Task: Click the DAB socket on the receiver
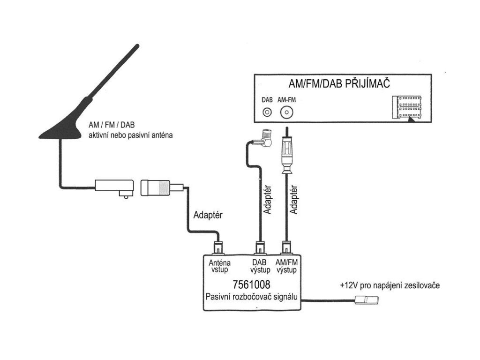pyautogui.click(x=267, y=112)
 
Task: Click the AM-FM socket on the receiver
pyautogui.click(x=286, y=112)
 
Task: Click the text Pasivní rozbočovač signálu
pyautogui.click(x=252, y=297)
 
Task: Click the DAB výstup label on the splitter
pyautogui.click(x=260, y=266)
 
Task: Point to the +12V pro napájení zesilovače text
pyautogui.click(x=390, y=285)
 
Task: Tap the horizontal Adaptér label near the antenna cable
pyautogui.click(x=208, y=216)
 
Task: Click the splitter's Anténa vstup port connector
pyautogui.click(x=218, y=247)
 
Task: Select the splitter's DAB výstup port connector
pyautogui.click(x=260, y=247)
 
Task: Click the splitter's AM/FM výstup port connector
pyautogui.click(x=287, y=247)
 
